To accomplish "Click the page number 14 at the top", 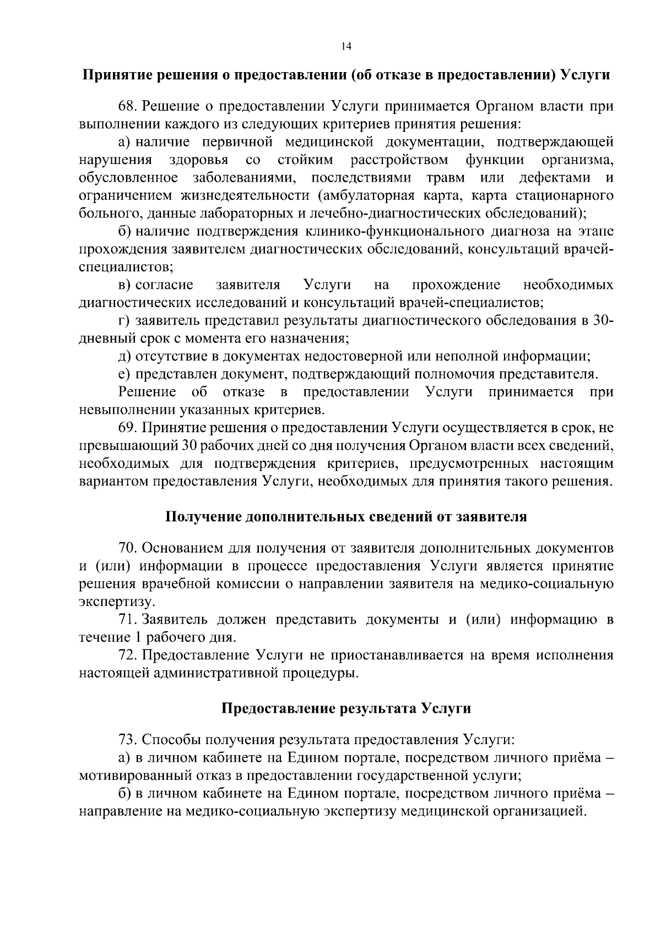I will click(345, 46).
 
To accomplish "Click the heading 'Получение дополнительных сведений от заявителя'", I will click(346, 517).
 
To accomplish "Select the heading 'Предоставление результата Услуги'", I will click(346, 708).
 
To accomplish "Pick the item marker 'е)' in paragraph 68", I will click(124, 374).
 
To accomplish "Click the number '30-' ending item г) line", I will click(604, 320).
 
